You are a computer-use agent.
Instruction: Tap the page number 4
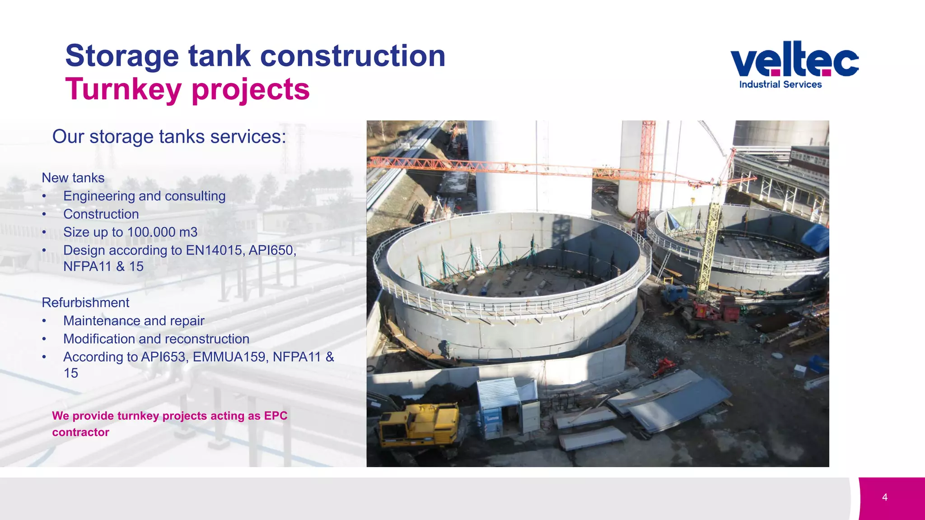coord(884,497)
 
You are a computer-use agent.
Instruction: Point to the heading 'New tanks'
coord(73,178)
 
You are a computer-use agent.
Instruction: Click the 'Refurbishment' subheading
coord(85,302)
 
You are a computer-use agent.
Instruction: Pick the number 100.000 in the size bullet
coord(151,232)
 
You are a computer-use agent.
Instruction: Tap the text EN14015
coord(215,250)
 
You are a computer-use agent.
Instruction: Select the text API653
coord(164,357)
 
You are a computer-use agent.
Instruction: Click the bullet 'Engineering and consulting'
coord(144,196)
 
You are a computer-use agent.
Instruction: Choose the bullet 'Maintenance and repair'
coord(134,320)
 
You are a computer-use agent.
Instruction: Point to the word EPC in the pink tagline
coord(276,416)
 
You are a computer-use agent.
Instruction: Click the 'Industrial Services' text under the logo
coord(780,84)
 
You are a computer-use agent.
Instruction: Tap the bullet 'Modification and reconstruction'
coord(156,339)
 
